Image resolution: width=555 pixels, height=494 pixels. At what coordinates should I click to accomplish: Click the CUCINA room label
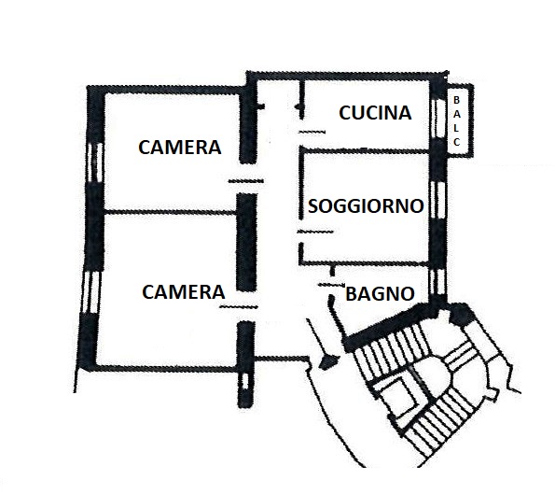point(375,113)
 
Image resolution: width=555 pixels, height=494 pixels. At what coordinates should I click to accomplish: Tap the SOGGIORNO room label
point(366,205)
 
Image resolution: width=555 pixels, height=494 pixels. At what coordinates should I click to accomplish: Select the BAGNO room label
point(380,294)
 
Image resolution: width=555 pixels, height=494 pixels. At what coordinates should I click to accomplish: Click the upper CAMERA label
point(180,148)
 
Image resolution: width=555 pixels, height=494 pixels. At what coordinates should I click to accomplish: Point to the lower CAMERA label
point(184,292)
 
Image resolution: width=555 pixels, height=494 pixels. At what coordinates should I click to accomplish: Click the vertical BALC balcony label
point(457,121)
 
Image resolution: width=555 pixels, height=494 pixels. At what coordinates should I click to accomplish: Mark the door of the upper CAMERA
point(246,181)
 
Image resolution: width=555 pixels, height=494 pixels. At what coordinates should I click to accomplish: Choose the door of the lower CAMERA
point(239,306)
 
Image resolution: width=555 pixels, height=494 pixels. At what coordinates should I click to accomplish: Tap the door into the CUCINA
point(312,133)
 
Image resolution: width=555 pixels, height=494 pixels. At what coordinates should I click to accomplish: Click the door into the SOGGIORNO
point(315,232)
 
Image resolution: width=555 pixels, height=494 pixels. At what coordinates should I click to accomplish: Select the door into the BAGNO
point(332,285)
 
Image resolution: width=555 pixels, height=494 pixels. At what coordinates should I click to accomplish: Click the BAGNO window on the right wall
point(438,282)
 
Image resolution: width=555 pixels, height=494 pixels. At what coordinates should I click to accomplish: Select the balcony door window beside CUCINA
point(438,118)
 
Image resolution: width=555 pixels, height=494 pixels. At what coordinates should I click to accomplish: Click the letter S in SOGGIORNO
point(312,205)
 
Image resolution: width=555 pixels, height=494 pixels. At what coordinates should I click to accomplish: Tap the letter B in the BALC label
point(457,100)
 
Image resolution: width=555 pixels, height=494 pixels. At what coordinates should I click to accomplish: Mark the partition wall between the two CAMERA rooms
point(170,212)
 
